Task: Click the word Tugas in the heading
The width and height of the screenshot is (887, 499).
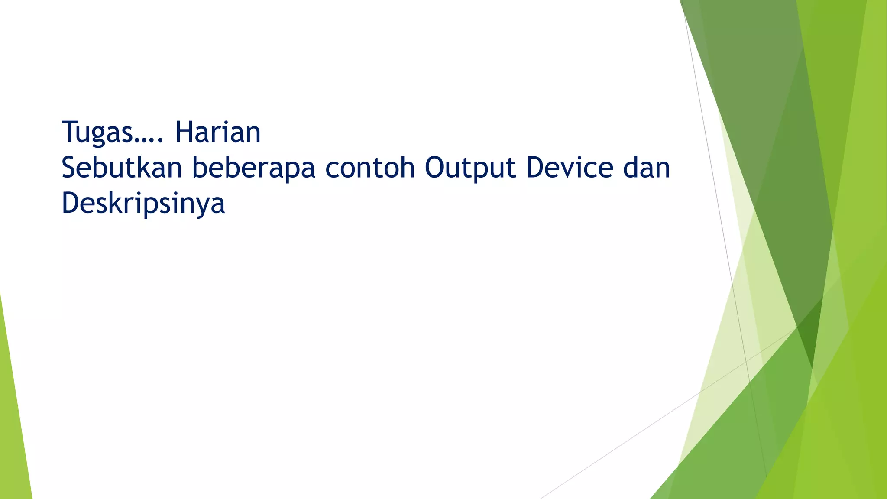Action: (x=97, y=133)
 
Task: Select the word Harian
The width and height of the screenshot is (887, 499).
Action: (x=217, y=132)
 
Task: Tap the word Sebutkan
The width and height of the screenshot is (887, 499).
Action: (x=122, y=168)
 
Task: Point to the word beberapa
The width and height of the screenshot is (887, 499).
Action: (x=253, y=168)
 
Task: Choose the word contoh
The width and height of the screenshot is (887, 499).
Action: (x=370, y=168)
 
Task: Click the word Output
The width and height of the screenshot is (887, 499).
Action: (x=470, y=168)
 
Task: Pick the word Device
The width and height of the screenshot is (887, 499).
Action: (x=570, y=168)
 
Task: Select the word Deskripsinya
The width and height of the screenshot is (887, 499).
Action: (x=143, y=204)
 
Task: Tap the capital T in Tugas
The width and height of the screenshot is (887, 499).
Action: (x=69, y=132)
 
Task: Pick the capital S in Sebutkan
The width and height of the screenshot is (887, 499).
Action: (x=70, y=168)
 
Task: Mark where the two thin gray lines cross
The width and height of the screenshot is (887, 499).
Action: (x=746, y=361)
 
